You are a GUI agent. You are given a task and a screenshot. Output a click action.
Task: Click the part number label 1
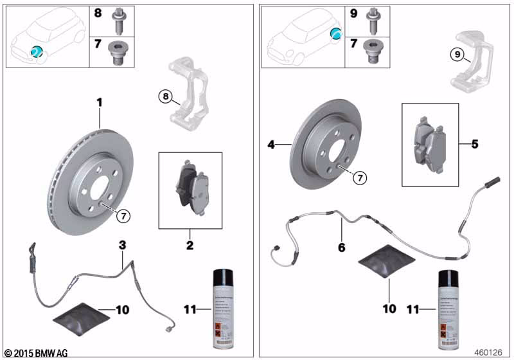point(100,102)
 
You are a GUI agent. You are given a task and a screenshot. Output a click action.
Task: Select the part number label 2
point(190,246)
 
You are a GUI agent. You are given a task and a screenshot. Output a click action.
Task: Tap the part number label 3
point(121,244)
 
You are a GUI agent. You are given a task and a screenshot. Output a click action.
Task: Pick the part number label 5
point(475,144)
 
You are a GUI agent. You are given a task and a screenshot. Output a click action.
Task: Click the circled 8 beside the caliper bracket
point(166,96)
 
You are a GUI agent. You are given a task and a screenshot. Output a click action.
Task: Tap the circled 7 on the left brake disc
point(123,216)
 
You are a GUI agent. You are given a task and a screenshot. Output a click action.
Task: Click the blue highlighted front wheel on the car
point(37,51)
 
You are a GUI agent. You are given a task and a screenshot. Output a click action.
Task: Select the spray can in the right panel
point(448,309)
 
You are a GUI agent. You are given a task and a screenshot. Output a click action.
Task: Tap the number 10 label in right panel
point(389,309)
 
